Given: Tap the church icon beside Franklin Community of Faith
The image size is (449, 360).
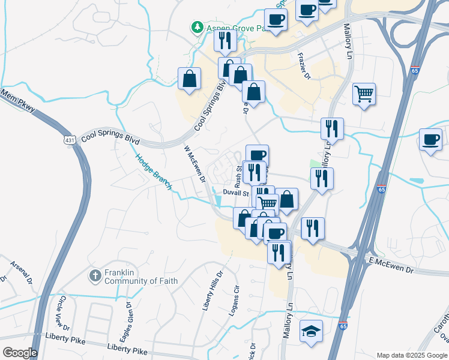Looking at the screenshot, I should pos(95,276).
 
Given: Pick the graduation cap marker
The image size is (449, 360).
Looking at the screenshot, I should pos(311,332).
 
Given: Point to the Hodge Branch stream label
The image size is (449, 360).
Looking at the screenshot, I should pos(153,172).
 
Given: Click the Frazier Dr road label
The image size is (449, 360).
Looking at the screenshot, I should pos(304,66).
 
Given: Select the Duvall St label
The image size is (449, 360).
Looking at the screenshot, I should pos(236,193).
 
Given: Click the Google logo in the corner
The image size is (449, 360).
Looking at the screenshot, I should pos(20,352).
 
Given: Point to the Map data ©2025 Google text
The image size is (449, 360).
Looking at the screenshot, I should pos(411,355).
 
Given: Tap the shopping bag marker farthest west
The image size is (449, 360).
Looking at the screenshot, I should pos(189,79).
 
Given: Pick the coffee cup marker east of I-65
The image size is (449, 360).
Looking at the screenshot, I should pos(430,140).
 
